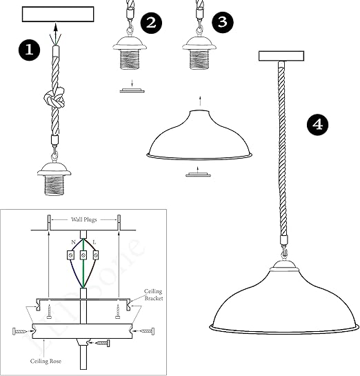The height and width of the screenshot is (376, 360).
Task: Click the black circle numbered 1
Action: (29, 50)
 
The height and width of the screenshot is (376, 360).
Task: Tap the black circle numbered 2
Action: (151, 23)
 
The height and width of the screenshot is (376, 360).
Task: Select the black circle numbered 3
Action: (223, 22)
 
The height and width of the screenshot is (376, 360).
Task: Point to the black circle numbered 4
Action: (318, 125)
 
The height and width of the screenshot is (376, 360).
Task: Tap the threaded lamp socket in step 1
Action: (54, 179)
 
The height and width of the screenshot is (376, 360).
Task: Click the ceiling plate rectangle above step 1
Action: (58, 14)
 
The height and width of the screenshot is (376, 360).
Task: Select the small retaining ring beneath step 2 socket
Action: (132, 90)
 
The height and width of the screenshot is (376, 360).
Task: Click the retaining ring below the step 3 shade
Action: (198, 175)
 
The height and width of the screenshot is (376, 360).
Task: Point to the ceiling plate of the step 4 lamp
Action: (281, 56)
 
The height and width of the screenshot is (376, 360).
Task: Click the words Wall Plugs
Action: (84, 219)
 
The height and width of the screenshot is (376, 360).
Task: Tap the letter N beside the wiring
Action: (73, 242)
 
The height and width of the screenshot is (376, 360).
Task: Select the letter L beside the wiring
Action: (94, 242)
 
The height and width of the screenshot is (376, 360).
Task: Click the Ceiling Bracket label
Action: (153, 295)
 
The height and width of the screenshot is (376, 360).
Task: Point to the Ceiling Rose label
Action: (46, 361)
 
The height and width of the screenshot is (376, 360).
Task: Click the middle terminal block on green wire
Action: (83, 255)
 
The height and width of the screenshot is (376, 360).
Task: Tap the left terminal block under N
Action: (70, 255)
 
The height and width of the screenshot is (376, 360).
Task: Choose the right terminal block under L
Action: (96, 255)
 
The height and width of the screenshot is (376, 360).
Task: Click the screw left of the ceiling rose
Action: (20, 331)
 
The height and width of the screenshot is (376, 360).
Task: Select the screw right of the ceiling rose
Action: (147, 331)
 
